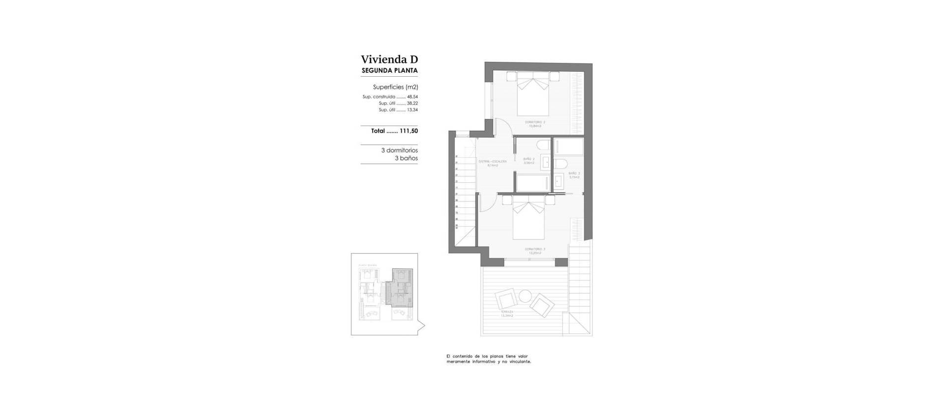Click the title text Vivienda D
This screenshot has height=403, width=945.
[x=389, y=59]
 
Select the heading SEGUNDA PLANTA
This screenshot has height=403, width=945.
[x=389, y=71]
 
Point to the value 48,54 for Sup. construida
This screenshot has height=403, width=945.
[x=412, y=97]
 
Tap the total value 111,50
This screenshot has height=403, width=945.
[x=408, y=131]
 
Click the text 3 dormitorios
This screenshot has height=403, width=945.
[x=399, y=150]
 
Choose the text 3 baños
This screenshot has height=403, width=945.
[x=406, y=159]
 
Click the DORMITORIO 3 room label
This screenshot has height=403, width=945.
[x=535, y=249]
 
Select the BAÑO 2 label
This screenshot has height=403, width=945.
[x=529, y=159]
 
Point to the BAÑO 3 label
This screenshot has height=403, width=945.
[x=574, y=173]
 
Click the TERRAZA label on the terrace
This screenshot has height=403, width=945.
[x=507, y=312]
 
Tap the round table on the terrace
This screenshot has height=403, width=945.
[x=525, y=296]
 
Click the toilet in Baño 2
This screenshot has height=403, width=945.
[x=543, y=145]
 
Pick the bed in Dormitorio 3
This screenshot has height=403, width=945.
[x=529, y=221]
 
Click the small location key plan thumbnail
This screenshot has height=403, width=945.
[x=385, y=294]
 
